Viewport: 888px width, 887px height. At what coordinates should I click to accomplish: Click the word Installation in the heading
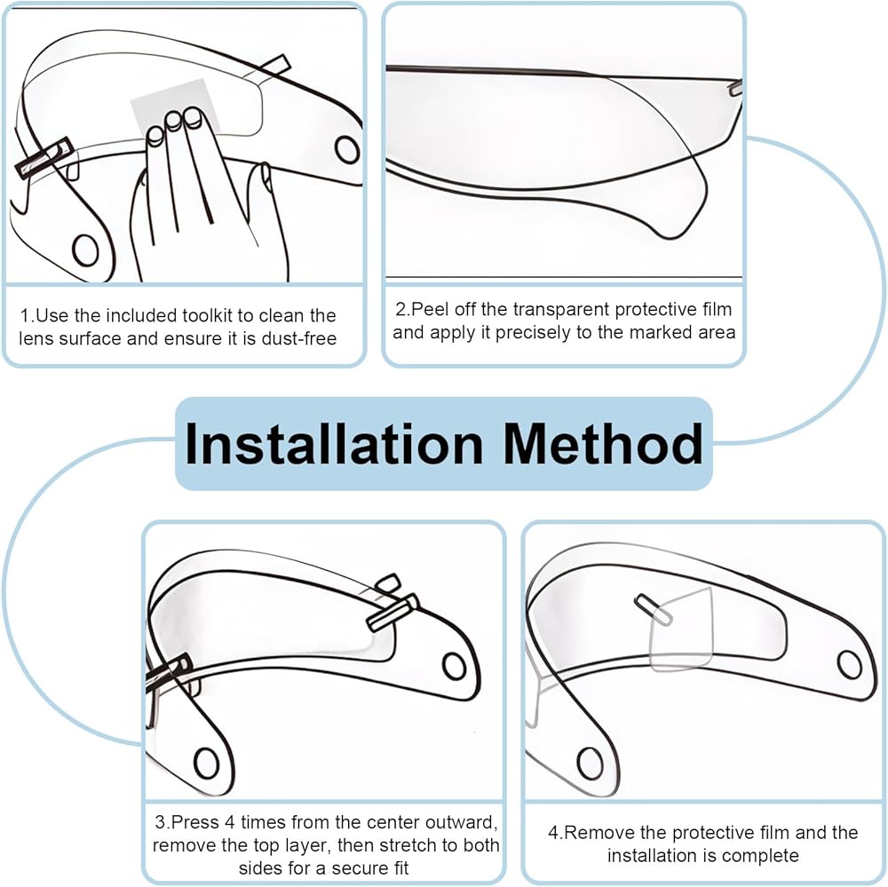(x=334, y=444)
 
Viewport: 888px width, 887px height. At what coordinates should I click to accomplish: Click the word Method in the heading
(x=603, y=444)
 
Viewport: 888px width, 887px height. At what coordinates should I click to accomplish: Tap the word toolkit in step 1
(x=208, y=315)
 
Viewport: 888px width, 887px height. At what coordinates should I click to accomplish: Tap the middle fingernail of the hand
(x=173, y=120)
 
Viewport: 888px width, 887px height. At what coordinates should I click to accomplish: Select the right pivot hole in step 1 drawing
(x=347, y=149)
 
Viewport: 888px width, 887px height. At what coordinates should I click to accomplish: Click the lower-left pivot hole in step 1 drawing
(x=85, y=249)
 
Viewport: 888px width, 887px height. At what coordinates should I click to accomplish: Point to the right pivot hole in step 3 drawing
(x=454, y=666)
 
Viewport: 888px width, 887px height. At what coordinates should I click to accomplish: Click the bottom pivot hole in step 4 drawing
(x=590, y=763)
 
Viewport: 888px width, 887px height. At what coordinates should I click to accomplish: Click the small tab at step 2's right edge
(x=735, y=88)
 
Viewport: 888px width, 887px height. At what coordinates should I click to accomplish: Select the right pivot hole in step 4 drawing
(x=850, y=665)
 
